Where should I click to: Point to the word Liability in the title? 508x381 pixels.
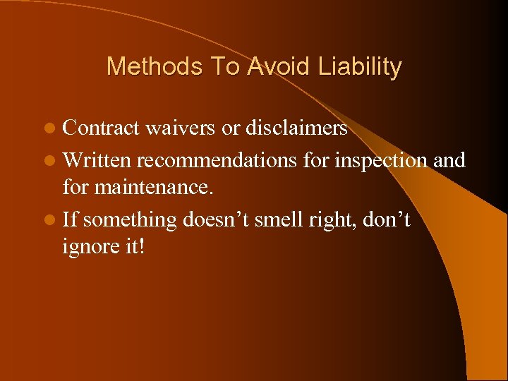pos(359,67)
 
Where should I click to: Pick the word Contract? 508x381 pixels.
pos(102,128)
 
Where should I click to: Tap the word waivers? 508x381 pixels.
pos(179,128)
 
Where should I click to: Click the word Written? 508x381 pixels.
pos(97,160)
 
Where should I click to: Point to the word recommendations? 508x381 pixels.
pos(217,160)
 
